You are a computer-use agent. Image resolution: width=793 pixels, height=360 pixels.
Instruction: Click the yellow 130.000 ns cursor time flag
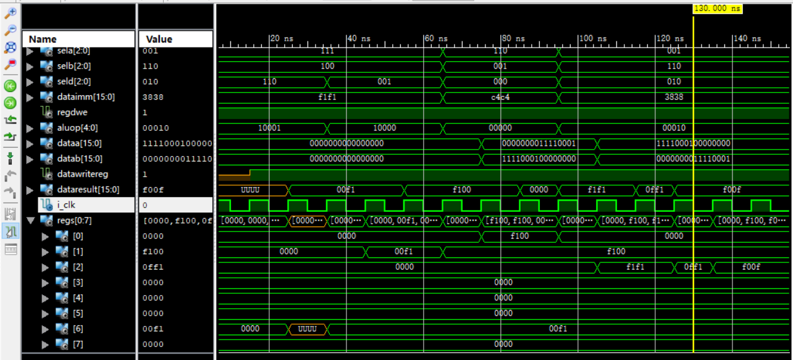pos(717,9)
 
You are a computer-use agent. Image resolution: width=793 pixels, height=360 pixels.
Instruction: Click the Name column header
pos(43,39)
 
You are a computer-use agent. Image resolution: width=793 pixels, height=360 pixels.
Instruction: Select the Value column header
pos(159,39)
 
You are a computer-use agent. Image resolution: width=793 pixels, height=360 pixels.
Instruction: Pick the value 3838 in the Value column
pos(151,97)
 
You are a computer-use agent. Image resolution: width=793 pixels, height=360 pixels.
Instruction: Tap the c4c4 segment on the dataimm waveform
pos(500,97)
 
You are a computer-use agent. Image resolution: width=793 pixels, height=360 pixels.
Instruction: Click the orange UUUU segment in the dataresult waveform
pos(250,190)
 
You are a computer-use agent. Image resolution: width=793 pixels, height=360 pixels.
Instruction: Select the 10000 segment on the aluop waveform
pos(384,128)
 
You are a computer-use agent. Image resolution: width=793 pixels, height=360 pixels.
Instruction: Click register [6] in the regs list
pos(77,329)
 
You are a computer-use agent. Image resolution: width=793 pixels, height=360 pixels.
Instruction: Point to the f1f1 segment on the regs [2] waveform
pos(635,267)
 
